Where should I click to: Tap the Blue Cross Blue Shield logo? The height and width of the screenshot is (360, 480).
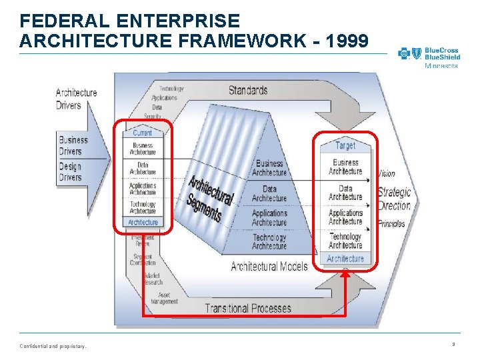(x=429, y=57)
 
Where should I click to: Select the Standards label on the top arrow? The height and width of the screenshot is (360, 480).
(x=248, y=90)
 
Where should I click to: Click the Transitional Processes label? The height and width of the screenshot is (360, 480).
(x=247, y=308)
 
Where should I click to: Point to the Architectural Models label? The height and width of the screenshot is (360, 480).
(x=269, y=267)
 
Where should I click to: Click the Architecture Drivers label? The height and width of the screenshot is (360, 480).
(x=77, y=99)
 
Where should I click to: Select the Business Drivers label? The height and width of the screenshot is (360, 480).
(x=73, y=145)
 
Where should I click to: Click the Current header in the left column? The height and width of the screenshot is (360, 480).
(x=142, y=133)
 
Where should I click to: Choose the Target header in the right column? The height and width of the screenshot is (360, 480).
(x=345, y=145)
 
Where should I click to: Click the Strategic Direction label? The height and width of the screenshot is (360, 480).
(x=394, y=198)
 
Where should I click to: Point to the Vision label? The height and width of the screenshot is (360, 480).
(x=387, y=174)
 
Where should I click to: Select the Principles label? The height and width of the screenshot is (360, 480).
(x=391, y=224)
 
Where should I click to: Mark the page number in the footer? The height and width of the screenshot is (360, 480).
(x=453, y=345)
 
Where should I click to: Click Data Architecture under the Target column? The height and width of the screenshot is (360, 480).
(x=345, y=193)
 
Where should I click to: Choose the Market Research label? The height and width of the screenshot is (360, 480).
(x=153, y=278)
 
